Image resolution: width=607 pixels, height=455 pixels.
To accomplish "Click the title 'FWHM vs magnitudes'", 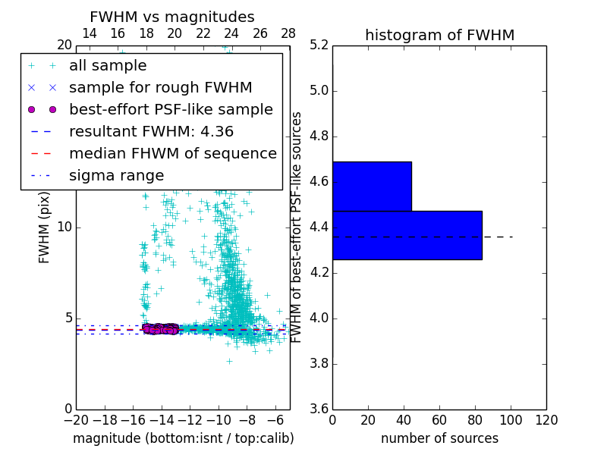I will (x=172, y=17).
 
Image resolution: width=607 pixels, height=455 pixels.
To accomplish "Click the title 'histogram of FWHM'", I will (x=439, y=35).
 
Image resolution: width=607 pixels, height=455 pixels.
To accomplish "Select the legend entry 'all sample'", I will (x=108, y=66).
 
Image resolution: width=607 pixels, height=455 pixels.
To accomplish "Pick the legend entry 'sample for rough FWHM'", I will (x=160, y=88).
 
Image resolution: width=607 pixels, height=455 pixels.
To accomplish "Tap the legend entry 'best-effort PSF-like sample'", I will (x=171, y=110).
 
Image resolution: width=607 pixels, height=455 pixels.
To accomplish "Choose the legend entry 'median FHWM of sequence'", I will (x=172, y=154).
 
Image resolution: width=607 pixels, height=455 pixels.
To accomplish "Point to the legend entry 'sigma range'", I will (x=116, y=176).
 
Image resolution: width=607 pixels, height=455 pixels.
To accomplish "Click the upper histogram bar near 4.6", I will (x=372, y=186).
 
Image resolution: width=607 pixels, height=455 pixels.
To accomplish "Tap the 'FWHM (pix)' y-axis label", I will (x=45, y=227).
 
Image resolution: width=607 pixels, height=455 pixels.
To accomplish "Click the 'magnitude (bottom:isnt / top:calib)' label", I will (x=183, y=438).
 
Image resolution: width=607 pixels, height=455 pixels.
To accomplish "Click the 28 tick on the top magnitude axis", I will (x=289, y=34).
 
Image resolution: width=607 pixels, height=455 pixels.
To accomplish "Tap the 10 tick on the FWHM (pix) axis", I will (x=64, y=227).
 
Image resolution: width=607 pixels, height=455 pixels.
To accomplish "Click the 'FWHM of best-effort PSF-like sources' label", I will (x=297, y=227).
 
